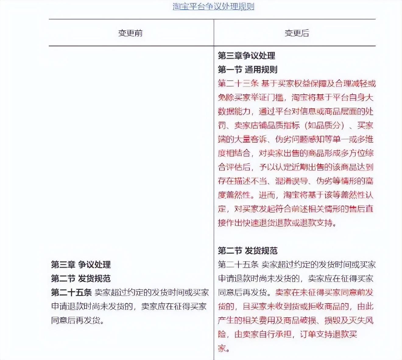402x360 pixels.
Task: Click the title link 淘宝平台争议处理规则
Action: (x=213, y=6)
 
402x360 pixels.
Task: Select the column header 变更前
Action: (x=130, y=33)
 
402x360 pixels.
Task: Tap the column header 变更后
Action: (x=297, y=33)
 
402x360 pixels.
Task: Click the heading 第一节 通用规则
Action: (x=247, y=69)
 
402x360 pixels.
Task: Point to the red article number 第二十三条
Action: (x=238, y=83)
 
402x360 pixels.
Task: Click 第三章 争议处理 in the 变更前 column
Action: (x=81, y=264)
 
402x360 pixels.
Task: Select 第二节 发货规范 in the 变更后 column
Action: (x=247, y=251)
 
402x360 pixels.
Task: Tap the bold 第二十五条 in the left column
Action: (x=71, y=292)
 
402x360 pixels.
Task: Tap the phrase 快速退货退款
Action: (x=267, y=223)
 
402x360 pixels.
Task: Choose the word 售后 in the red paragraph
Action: (x=357, y=209)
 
